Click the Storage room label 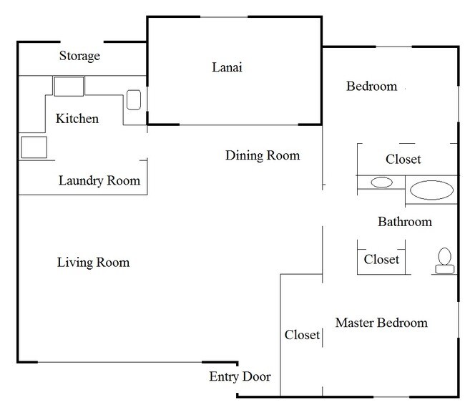(79, 56)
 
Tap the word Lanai (227, 67)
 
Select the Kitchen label (77, 119)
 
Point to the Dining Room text (263, 155)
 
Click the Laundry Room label (99, 181)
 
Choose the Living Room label (94, 263)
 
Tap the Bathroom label (405, 222)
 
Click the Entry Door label (240, 377)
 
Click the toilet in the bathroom (444, 261)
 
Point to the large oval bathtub (431, 190)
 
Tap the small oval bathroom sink (382, 182)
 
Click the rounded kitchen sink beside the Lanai (134, 100)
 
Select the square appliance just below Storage (69, 87)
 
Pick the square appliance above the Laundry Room (34, 147)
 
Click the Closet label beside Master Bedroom (302, 335)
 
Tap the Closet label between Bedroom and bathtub (403, 160)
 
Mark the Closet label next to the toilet (381, 260)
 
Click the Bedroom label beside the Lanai (371, 87)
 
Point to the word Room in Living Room (113, 263)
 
